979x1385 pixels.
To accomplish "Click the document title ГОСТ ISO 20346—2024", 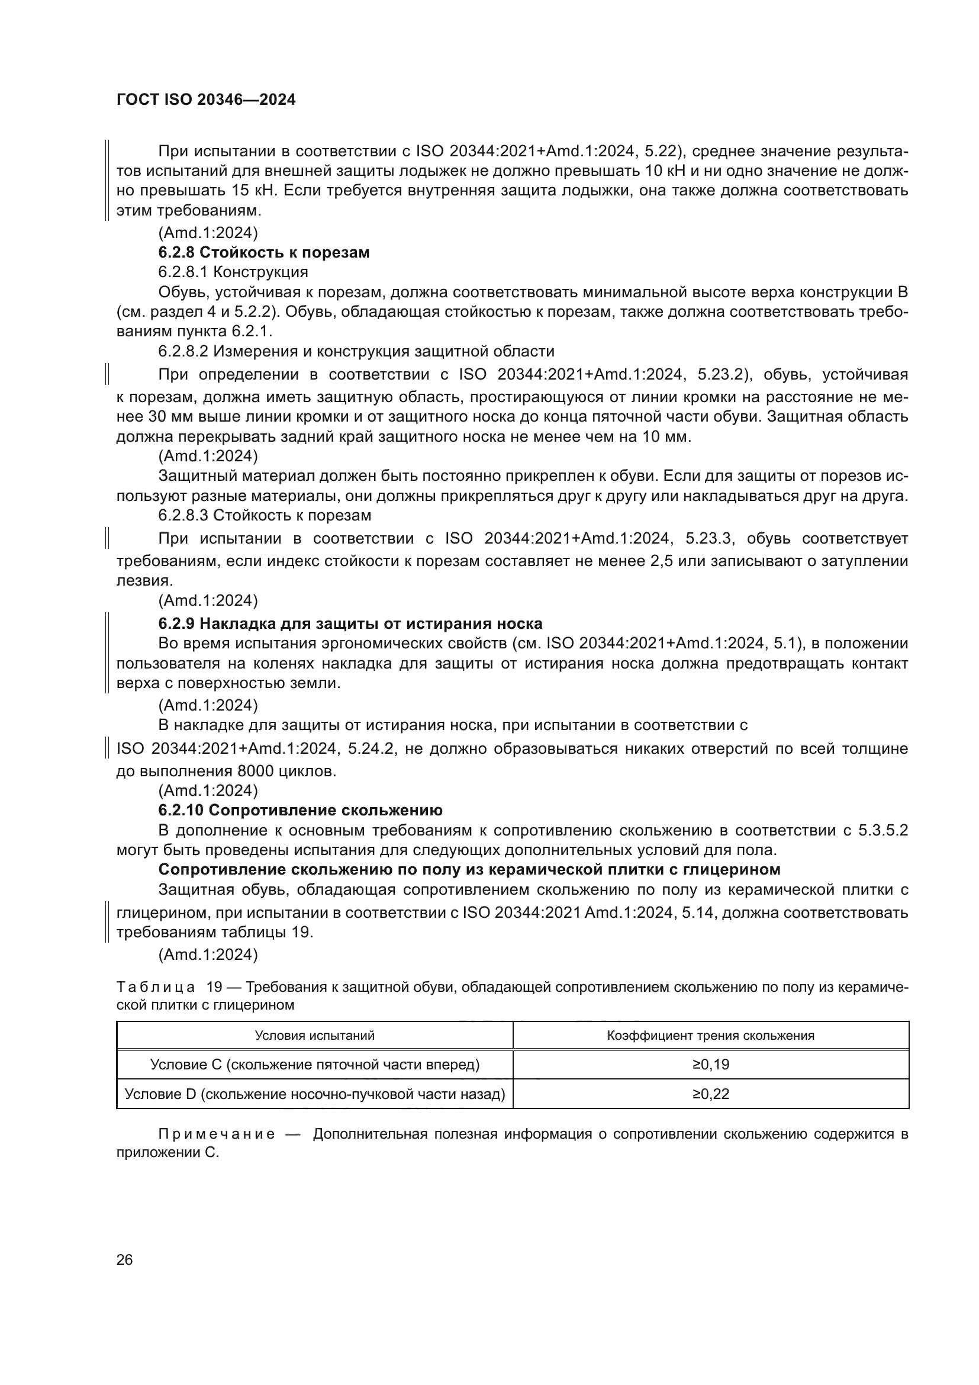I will (x=205, y=100).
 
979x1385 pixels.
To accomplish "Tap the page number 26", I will (x=124, y=1259).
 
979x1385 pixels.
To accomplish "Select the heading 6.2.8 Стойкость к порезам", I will (x=263, y=252).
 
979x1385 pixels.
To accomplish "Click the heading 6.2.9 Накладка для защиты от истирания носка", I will (x=350, y=623).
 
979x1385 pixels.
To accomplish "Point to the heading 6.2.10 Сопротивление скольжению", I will (x=300, y=809).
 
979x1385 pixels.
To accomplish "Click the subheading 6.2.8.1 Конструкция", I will (x=233, y=272).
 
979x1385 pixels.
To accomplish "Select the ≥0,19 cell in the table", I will (x=711, y=1064).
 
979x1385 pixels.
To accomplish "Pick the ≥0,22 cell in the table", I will (x=711, y=1094).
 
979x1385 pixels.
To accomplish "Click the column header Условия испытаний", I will (x=314, y=1035).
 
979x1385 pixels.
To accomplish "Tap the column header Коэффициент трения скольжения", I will (x=711, y=1035).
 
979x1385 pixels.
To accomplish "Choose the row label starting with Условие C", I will (x=314, y=1064).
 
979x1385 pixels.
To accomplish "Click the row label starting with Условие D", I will (x=314, y=1094).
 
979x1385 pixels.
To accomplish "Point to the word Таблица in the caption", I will (x=156, y=987).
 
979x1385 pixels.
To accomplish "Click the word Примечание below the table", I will (x=217, y=1134).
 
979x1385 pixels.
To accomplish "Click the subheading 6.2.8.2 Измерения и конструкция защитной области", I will (x=356, y=351).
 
